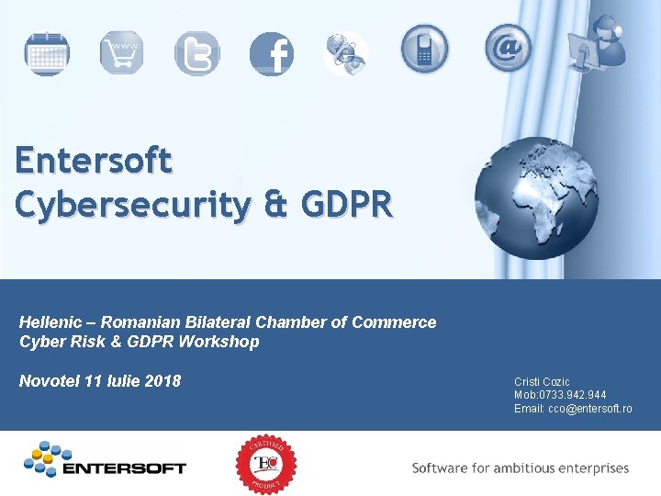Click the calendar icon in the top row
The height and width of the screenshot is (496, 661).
coord(46,53)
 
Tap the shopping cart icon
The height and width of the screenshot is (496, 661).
coord(122,52)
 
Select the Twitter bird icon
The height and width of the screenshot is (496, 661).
coord(197,53)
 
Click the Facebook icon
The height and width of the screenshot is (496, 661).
coord(272,54)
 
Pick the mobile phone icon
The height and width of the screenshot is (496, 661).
coord(424,48)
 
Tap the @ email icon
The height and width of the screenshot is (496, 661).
coord(508,48)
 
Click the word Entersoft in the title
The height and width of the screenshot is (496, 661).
coord(93,162)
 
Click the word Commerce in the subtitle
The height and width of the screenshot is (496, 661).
coord(396,322)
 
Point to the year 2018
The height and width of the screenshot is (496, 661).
coord(163,381)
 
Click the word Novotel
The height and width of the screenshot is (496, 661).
coord(49,381)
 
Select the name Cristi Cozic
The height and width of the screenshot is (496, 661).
coord(542,382)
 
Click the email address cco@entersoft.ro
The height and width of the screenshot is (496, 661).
coord(590,409)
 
